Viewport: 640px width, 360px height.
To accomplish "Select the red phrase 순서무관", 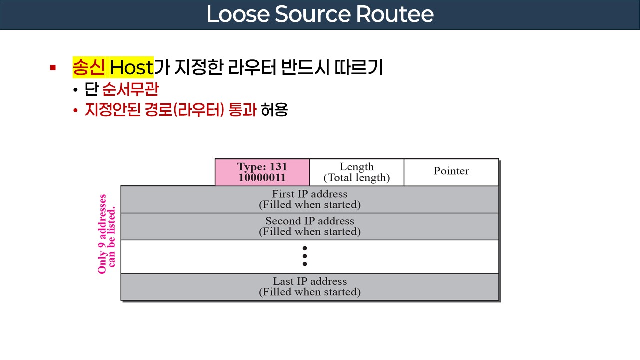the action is tap(130, 90).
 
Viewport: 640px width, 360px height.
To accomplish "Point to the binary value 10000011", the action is tap(262, 178).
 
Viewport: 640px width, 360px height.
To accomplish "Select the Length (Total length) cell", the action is tap(356, 172).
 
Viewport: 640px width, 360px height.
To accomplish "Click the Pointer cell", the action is tap(451, 171).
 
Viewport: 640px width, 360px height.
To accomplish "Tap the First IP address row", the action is tap(309, 199).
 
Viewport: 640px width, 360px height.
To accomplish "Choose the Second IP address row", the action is tap(309, 226).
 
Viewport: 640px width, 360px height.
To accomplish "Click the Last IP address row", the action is tap(309, 286).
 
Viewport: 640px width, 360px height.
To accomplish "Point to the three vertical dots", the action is tap(305, 256).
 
